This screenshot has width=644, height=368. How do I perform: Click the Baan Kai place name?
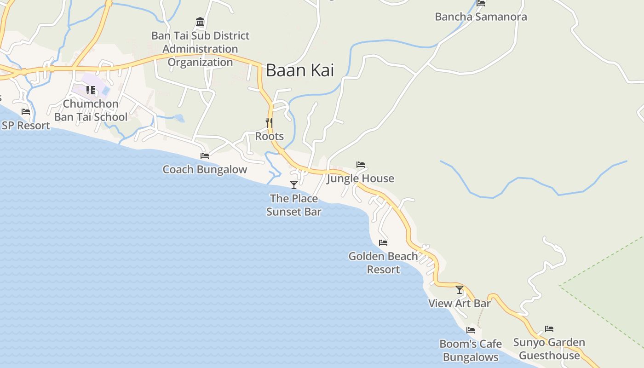click(x=300, y=70)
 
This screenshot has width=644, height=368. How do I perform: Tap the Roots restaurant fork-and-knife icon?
click(x=269, y=122)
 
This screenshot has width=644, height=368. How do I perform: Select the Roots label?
click(x=270, y=137)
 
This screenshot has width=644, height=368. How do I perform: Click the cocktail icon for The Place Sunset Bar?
click(x=294, y=185)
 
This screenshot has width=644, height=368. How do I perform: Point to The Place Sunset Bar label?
click(x=294, y=205)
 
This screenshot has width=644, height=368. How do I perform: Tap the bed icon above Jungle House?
click(x=361, y=165)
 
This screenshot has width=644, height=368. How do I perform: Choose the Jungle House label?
click(x=361, y=178)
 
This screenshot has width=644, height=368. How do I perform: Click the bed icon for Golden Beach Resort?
click(x=383, y=242)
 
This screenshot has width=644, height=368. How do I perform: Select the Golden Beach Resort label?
click(x=383, y=263)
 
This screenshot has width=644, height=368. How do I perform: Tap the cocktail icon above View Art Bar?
click(x=460, y=290)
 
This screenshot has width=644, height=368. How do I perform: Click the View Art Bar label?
click(x=460, y=304)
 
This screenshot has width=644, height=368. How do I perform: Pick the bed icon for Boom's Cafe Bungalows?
click(x=471, y=330)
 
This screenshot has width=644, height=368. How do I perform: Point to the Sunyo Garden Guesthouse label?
click(x=549, y=349)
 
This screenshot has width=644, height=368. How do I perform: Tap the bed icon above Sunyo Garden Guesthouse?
click(x=549, y=329)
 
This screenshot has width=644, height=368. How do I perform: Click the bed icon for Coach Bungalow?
click(x=205, y=156)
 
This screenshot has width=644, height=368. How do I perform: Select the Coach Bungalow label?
click(x=205, y=170)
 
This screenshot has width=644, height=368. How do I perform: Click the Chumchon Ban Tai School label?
click(x=91, y=110)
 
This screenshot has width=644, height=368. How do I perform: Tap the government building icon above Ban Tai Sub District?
click(x=200, y=22)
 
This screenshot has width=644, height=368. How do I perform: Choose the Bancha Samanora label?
click(x=481, y=17)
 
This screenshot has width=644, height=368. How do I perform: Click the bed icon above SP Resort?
click(x=26, y=112)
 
